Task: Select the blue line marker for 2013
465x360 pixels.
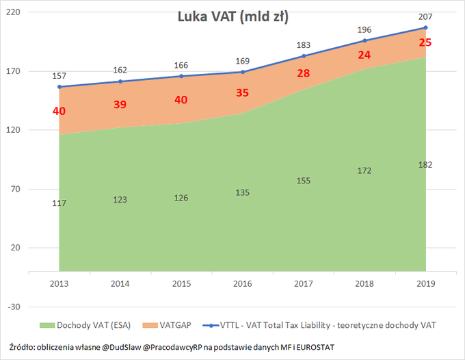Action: coord(59,87)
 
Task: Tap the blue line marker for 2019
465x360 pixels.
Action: coord(425,28)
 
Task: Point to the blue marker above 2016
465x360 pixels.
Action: coord(242,72)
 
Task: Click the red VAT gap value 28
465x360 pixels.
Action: coord(303,73)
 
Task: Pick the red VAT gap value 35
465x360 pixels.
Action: coord(242,93)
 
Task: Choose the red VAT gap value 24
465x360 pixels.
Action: coord(364,55)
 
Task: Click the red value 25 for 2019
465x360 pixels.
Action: coord(425,42)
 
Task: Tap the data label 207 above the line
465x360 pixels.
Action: coord(425,16)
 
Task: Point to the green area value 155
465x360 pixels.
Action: coord(303,181)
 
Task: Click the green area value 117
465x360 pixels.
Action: coord(59,203)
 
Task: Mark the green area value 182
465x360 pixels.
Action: coord(425,165)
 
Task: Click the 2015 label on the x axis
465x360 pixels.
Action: coord(181,283)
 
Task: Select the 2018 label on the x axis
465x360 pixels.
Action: coord(364,283)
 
